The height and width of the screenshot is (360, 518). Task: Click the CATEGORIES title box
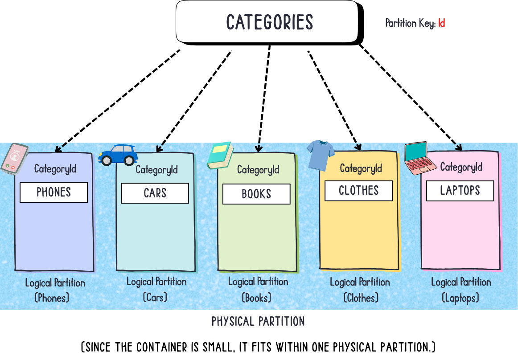pos(269,22)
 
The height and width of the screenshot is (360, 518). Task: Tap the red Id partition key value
pos(441,23)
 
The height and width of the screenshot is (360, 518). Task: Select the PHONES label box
pos(54,192)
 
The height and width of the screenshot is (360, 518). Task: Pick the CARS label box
pos(155,193)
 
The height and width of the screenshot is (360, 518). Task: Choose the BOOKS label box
pos(256,194)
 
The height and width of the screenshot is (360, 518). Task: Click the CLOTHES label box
pos(358,191)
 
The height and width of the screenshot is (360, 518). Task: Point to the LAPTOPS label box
pos(460,191)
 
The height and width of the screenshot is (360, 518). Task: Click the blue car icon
pos(118,155)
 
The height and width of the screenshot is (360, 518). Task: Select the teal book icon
pos(220,155)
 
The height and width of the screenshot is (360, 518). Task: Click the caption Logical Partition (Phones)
pos(54,290)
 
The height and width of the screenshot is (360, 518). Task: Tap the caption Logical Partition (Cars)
pos(156,289)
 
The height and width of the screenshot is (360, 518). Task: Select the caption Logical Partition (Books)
pos(258,289)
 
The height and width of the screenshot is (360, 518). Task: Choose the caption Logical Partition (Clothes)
pos(360,290)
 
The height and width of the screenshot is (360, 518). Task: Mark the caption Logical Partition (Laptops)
pos(460,290)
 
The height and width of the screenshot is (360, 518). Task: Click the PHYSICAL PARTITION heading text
pos(258,321)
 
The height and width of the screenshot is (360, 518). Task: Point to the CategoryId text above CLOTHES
pos(361,168)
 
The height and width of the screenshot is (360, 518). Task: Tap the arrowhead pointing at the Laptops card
pos(459,147)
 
